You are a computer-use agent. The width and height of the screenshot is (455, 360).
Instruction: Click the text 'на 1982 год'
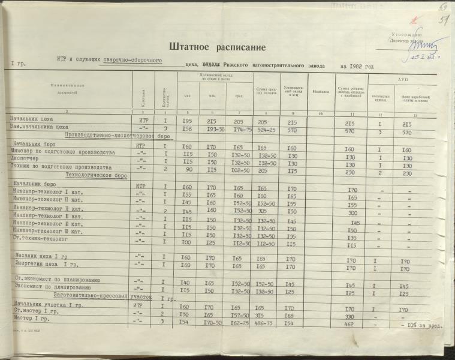click(356, 67)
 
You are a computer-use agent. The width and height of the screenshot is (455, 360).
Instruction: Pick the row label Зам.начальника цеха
click(40, 128)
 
